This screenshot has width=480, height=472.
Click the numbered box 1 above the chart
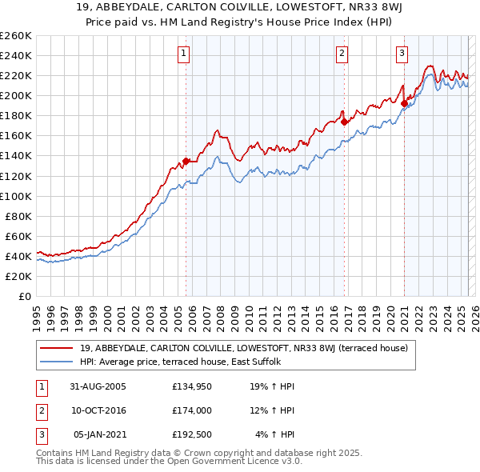pyautogui.click(x=184, y=54)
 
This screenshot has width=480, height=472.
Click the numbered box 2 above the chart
pyautogui.click(x=342, y=54)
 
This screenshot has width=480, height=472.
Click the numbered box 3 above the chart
pyautogui.click(x=402, y=54)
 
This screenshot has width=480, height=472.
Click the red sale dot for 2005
pyautogui.click(x=186, y=161)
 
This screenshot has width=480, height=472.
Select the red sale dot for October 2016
pyautogui.click(x=343, y=122)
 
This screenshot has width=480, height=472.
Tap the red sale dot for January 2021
pyautogui.click(x=404, y=103)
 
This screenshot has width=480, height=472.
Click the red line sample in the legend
pyautogui.click(x=57, y=348)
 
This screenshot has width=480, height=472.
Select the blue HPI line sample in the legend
pyautogui.click(x=57, y=362)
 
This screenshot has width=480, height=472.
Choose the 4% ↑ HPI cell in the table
pyautogui.click(x=274, y=434)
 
